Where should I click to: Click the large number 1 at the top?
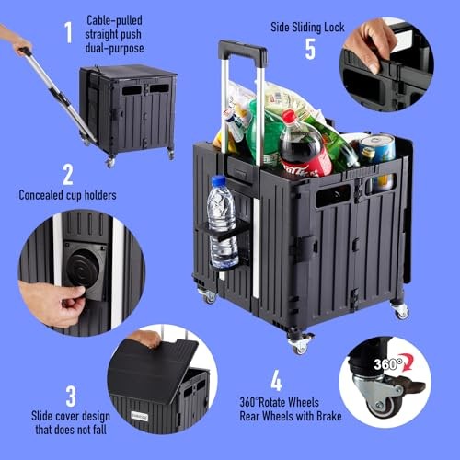coord(68,32)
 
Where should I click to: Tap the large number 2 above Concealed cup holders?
coord(68,175)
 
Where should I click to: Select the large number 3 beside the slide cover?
coord(71,396)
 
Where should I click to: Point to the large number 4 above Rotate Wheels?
coord(276,380)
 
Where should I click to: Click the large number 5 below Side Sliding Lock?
coord(310,49)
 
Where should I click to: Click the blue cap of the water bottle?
coord(219,180)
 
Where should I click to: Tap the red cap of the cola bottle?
coord(288,116)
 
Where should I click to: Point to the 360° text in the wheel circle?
coord(388,364)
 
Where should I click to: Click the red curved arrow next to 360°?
coord(408,361)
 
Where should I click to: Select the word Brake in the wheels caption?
coord(328,416)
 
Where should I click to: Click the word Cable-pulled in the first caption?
coord(114,20)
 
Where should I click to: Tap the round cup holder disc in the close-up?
coord(83,268)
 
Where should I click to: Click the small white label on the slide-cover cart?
coord(140,416)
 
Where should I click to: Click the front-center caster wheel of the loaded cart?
coord(300,344)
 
